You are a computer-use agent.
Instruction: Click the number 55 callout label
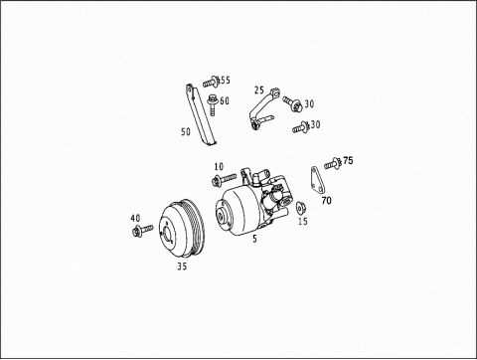tap(225, 81)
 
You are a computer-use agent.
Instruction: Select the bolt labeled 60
tap(212, 105)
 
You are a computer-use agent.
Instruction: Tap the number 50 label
tap(186, 131)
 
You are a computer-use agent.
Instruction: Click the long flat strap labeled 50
tap(200, 114)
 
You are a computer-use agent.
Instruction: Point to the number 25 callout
tap(259, 90)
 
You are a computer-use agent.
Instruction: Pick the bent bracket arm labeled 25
tap(261, 109)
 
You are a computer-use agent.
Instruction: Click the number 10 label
tap(219, 166)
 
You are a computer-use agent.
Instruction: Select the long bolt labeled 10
tap(224, 179)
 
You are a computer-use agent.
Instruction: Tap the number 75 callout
tap(348, 160)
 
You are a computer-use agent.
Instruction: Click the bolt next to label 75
tap(333, 163)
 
